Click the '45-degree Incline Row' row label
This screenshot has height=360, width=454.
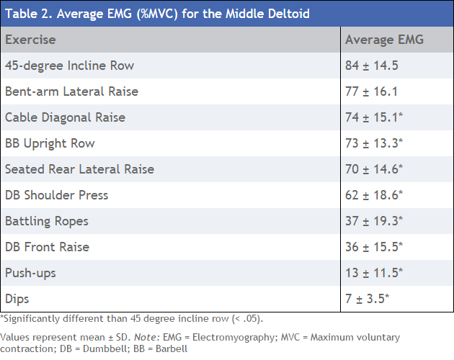[69, 66]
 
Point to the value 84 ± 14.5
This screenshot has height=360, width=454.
[371, 66]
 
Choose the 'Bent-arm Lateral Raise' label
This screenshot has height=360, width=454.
[71, 91]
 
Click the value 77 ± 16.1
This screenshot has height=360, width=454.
[371, 91]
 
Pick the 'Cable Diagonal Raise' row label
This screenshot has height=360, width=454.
[65, 117]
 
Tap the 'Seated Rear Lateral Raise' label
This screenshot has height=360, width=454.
[79, 169]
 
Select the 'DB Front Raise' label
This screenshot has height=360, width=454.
[47, 247]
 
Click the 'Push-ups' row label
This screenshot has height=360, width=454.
[30, 273]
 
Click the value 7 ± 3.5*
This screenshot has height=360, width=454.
[367, 299]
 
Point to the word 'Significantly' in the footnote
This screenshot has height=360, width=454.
[30, 318]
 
